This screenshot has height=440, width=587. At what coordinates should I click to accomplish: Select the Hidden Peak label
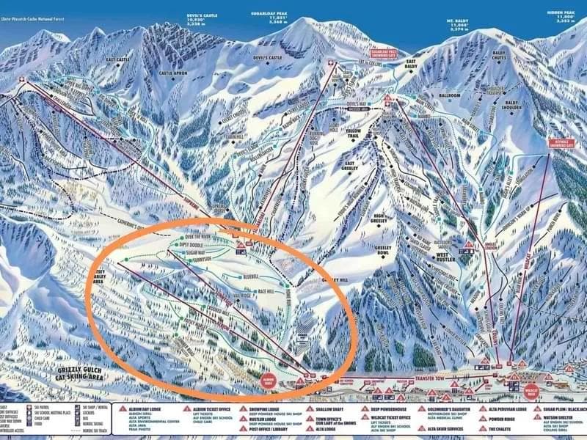coord(564,16)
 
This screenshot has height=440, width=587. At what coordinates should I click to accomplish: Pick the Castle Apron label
coord(174,73)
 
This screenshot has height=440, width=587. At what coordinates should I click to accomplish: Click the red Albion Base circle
coord(269,381)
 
